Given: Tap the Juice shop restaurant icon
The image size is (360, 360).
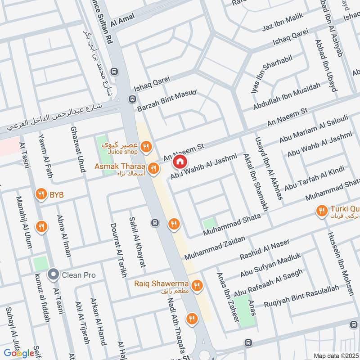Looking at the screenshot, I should pyautogui.click(x=145, y=146).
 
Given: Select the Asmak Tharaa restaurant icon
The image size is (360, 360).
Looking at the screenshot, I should pyautogui.click(x=153, y=168).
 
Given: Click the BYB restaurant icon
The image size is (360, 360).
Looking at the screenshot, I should pyautogui.click(x=41, y=194).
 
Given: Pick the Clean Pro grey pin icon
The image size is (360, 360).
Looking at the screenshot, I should pyautogui.click(x=54, y=274).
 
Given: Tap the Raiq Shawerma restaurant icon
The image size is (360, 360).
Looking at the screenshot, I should pyautogui.click(x=197, y=285).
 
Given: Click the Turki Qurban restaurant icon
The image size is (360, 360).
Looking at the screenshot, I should pyautogui.click(x=321, y=211).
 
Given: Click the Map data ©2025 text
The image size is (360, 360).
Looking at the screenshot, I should pyautogui.click(x=336, y=355).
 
